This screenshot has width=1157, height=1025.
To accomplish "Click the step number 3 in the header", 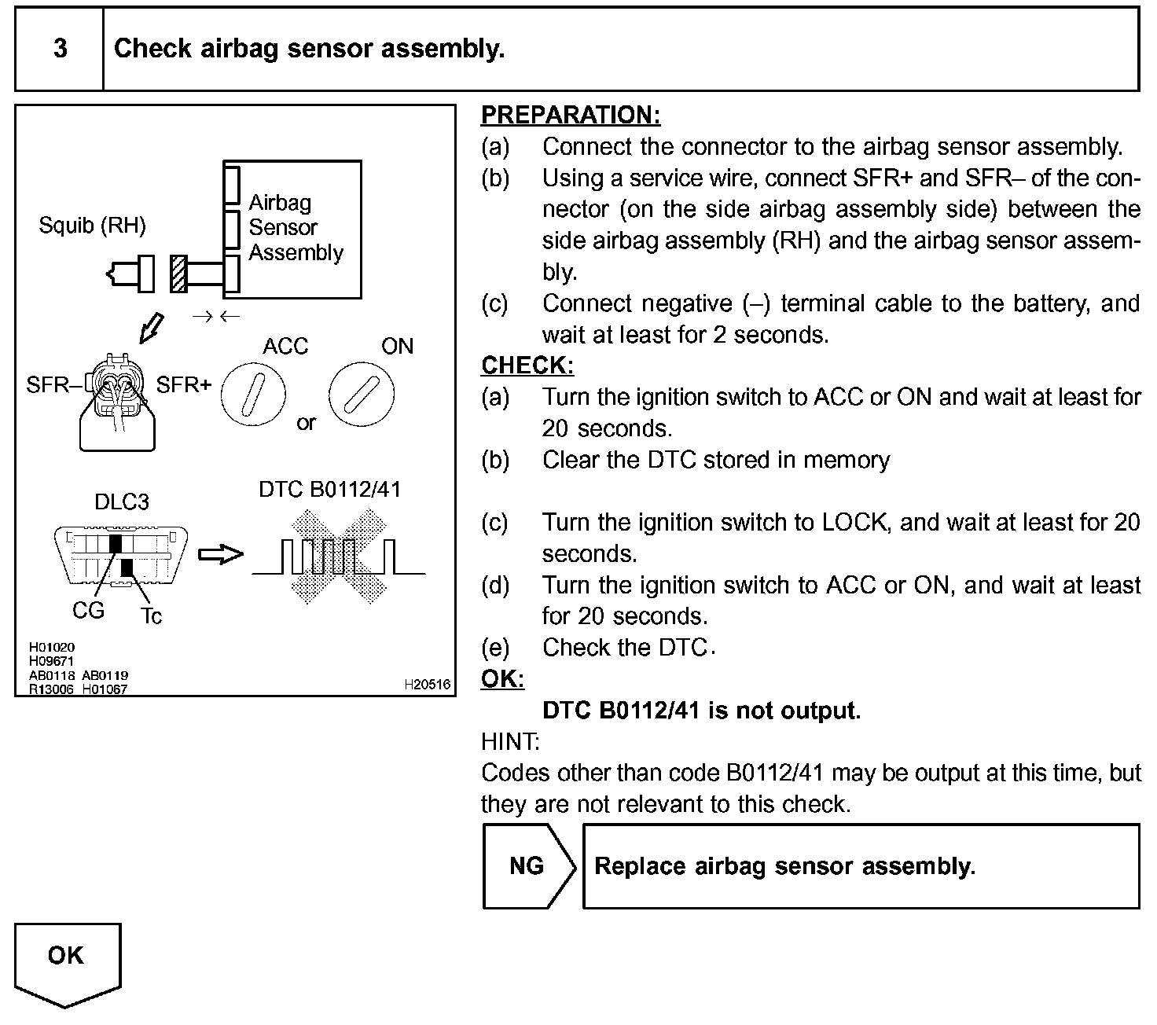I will coord(60,49).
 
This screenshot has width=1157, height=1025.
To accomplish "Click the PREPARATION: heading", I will coord(570,115).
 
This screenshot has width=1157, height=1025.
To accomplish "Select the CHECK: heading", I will coord(527,366).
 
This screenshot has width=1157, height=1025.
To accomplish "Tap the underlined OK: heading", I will coord(502,679).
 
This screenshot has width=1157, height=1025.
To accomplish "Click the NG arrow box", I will coord(527,866).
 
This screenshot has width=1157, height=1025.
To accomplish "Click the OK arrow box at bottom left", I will coord(67,961).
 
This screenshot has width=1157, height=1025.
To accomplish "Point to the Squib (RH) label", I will coord(92,226).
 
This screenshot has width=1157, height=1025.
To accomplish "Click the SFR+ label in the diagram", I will coord(183,385).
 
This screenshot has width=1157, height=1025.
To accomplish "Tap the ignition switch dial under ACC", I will coord(252,392).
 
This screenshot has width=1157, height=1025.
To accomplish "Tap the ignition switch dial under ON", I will coord(361,392).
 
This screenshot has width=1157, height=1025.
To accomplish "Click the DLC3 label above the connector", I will coord(121,501).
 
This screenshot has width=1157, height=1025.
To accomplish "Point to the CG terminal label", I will coord(88,610).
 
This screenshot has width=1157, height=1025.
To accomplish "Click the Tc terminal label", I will coord(151,616).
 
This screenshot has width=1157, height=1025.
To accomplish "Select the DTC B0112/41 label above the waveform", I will coord(329,490).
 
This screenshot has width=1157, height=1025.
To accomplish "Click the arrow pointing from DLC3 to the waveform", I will coord(221,555).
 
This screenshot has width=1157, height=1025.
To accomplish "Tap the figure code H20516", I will coord(428,685).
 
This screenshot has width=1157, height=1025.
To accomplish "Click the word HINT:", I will coord(510,741).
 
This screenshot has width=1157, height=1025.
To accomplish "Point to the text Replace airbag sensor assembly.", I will coord(784,866).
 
